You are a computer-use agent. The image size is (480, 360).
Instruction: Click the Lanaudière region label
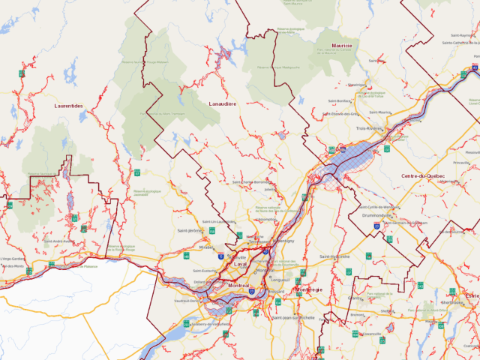222,103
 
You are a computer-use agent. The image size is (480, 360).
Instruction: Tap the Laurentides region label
69,106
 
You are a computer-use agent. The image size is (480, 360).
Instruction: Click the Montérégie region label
307,289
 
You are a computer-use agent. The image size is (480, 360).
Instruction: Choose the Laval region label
240,265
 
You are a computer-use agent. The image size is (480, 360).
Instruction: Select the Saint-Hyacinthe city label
334,256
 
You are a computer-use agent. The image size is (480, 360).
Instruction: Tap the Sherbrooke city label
452,303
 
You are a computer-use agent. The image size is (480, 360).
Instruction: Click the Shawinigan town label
355,85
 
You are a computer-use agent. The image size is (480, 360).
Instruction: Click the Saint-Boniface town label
340,100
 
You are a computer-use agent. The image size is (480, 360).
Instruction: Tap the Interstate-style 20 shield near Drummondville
389,238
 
